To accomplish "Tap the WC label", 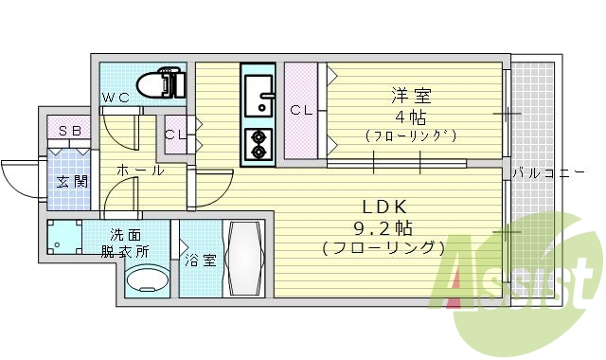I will [116, 98].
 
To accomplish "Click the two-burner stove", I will [257, 143].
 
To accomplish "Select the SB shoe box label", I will [69, 132].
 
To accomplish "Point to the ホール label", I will [140, 171].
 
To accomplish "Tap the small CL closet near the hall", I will [175, 134].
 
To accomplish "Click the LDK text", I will [383, 207].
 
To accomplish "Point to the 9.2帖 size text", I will [383, 227].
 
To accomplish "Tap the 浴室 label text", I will [201, 259].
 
